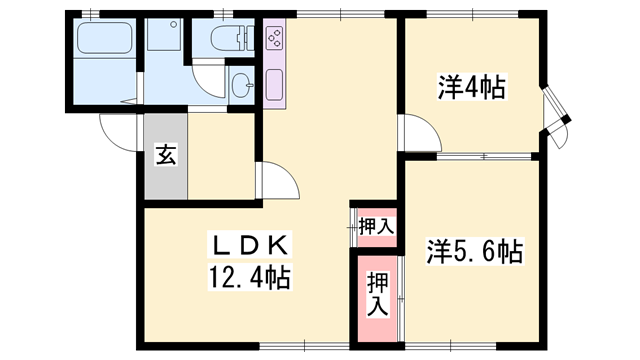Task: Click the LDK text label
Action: pos(250,243)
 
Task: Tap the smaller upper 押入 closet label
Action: pos(376,227)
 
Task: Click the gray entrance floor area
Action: pos(163,165)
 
